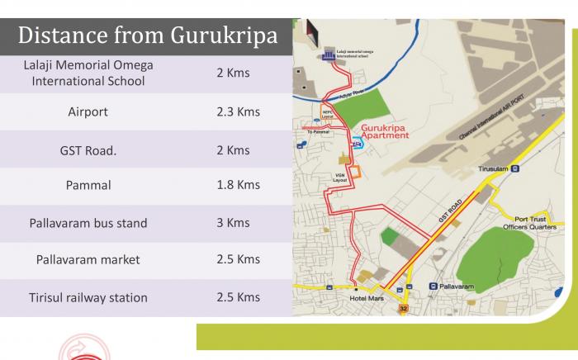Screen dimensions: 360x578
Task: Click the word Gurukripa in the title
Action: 223,36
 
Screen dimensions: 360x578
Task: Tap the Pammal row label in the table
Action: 88,185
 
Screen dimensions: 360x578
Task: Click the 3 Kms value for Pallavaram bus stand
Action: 232,223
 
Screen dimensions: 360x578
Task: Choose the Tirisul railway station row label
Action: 88,297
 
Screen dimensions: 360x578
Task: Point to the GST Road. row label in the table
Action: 88,150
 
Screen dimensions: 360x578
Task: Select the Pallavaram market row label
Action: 88,260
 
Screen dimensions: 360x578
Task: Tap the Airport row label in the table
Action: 88,111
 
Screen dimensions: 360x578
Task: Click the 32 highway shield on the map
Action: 404,308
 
